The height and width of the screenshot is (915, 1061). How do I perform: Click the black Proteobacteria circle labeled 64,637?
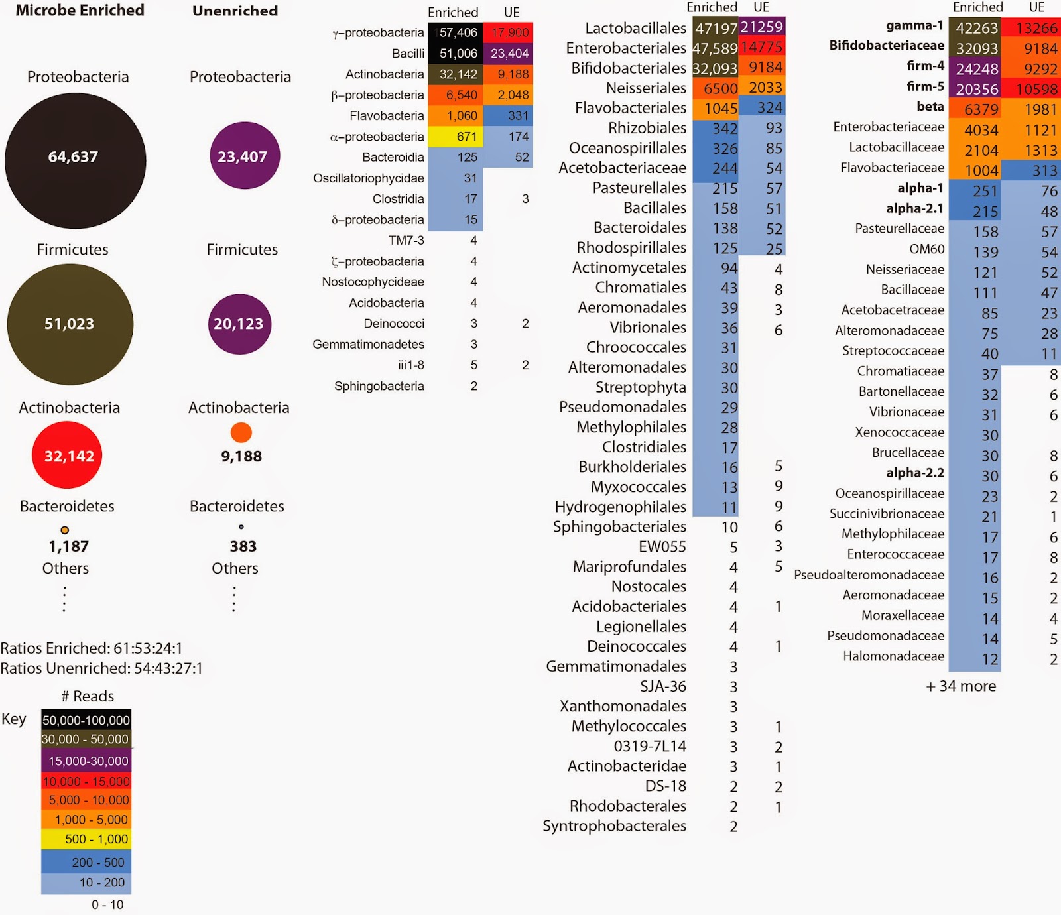(75, 160)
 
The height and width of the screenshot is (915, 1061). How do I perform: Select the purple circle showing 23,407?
(242, 156)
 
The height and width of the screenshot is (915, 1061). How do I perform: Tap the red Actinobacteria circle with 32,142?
(67, 456)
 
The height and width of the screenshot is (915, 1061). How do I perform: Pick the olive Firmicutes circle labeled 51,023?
(70, 324)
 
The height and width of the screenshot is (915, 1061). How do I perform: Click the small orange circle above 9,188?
(241, 432)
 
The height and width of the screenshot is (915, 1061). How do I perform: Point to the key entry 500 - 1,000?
(86, 839)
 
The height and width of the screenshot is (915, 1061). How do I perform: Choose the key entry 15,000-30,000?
(86, 761)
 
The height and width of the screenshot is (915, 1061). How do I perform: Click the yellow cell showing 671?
(456, 137)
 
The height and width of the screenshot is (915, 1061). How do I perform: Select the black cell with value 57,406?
(456, 32)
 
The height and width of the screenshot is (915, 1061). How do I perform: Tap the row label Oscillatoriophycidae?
(369, 178)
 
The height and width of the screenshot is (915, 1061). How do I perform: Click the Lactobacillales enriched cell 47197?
(716, 28)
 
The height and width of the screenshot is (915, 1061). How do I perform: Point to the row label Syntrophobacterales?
(614, 826)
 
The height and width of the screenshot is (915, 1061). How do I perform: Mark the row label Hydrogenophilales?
(621, 507)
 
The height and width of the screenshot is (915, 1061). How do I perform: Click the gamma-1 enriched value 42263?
(976, 28)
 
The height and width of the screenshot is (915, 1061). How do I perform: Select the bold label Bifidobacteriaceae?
(887, 46)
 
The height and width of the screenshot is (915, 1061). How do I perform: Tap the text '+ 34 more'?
(961, 686)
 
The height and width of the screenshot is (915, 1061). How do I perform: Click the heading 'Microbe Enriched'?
(80, 11)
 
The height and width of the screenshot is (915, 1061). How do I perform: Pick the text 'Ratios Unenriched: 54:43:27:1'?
(101, 668)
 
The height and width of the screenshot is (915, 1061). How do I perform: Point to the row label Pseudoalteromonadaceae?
(869, 575)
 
